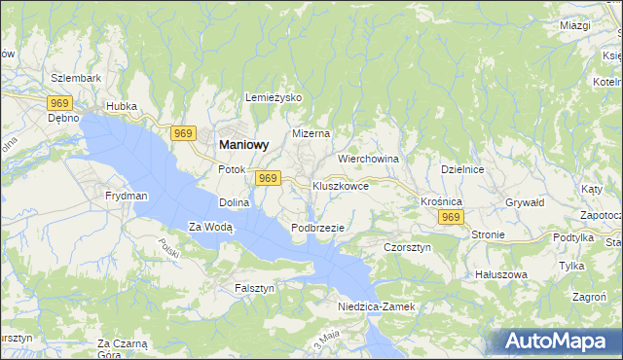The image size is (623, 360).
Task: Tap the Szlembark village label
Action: coord(76,77)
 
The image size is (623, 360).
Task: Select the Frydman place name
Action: coord(127,196)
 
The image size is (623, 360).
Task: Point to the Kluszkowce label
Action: coord(340,185)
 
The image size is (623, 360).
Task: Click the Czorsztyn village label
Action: coord(407,247)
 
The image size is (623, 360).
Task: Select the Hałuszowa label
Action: coord(500,274)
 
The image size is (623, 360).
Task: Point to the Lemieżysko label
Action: coord(275,98)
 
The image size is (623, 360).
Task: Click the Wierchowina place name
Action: coord(369,158)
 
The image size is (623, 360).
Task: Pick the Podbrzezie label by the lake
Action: coord(317,228)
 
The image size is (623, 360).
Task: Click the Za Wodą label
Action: coord(211,228)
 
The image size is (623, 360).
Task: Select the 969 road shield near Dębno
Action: coord(60,101)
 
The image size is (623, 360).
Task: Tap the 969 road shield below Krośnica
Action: coord(449,218)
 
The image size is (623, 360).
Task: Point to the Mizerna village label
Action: coord(311,133)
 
